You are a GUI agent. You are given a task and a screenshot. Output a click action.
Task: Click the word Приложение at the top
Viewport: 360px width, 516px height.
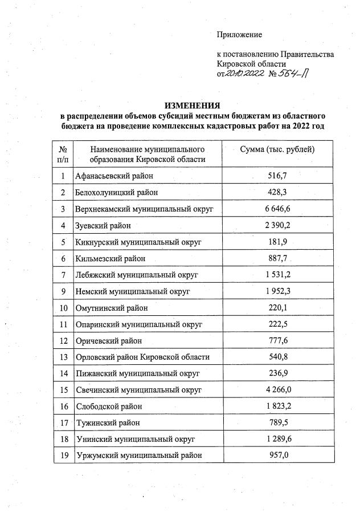(x=239, y=35)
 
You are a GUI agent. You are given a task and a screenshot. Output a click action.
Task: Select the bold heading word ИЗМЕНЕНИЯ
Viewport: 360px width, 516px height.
(x=192, y=106)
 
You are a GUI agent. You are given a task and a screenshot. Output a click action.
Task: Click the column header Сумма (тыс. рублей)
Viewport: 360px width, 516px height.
(x=279, y=149)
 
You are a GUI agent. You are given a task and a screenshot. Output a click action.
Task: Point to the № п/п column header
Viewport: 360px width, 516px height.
(x=63, y=154)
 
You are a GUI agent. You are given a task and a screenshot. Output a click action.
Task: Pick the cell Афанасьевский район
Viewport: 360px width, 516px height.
(x=114, y=176)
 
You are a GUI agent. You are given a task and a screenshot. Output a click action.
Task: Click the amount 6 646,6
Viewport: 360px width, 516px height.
(x=279, y=209)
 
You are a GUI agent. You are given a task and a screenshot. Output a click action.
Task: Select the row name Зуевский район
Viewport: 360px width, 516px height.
(x=103, y=226)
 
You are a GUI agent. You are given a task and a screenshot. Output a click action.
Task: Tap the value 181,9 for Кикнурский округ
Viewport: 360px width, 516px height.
(x=279, y=242)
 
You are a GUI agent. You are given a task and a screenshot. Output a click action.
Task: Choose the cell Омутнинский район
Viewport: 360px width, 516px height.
(x=111, y=308)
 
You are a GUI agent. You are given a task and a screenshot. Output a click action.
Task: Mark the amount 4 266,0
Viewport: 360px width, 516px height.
(x=279, y=390)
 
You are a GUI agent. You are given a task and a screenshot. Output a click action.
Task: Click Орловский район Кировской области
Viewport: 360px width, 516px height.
(x=142, y=357)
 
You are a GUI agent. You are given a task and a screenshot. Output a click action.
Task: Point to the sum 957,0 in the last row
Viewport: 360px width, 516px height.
(x=279, y=456)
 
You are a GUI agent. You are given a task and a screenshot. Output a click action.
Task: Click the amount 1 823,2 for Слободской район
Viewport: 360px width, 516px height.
(x=279, y=407)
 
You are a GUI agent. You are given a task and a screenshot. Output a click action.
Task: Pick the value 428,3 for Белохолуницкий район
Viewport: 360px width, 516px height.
(x=279, y=193)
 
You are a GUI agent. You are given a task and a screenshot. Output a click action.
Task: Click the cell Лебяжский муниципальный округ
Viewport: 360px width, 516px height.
(x=136, y=275)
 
